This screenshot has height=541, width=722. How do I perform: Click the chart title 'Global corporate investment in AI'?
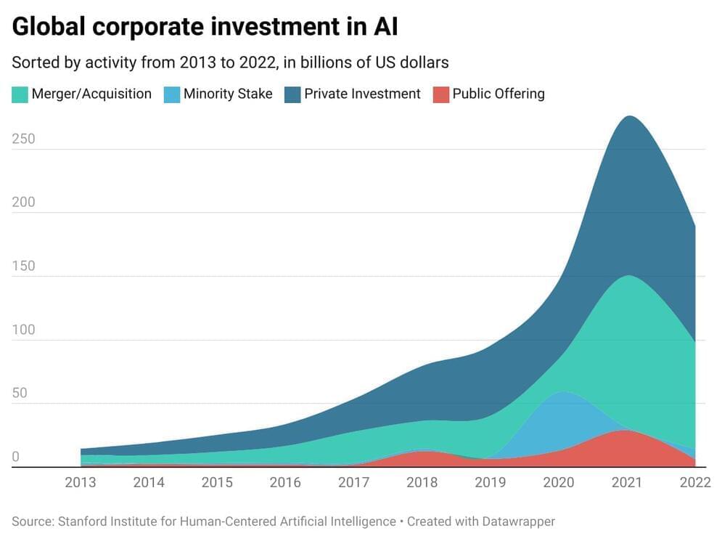(205, 27)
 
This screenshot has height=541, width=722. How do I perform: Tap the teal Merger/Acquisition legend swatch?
(20, 94)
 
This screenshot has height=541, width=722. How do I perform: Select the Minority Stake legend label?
(228, 94)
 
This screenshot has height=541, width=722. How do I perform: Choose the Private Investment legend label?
(362, 94)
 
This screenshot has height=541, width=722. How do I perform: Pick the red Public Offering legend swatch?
(440, 94)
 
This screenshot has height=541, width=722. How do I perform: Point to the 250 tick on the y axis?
(24, 139)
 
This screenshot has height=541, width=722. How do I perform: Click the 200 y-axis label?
(24, 202)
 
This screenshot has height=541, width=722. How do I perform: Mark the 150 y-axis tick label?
(24, 266)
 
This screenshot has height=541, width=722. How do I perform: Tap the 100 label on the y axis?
(24, 330)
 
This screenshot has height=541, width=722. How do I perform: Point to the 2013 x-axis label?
(80, 482)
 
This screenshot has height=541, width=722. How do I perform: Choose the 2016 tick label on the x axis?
(285, 482)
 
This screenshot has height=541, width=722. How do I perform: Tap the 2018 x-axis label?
(422, 482)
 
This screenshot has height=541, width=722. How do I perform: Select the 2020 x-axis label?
(559, 482)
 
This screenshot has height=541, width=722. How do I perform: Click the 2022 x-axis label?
(694, 482)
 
